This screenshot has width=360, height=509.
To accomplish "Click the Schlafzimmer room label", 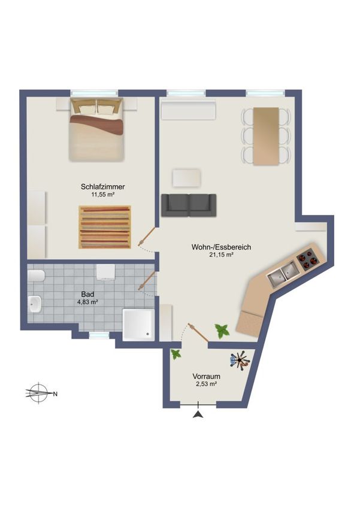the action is [102, 187].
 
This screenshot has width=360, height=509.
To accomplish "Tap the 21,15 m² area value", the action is [222, 255].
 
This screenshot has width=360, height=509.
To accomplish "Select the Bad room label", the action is [87, 295].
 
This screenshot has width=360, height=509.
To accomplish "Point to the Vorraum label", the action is [206, 377].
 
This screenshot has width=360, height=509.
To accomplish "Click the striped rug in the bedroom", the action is [105, 227].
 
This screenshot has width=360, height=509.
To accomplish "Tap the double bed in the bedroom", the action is [96, 129].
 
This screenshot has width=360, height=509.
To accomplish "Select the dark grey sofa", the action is [189, 205].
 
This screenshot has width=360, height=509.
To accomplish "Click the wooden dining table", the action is [266, 137].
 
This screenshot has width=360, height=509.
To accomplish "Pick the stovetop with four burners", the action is [305, 260].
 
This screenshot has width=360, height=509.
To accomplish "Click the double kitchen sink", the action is [282, 275].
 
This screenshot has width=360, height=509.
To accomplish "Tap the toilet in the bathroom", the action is [36, 276].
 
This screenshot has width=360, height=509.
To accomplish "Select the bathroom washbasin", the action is [35, 304].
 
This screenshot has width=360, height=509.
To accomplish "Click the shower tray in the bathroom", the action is [138, 324].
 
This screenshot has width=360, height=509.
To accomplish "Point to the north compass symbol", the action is [39, 393].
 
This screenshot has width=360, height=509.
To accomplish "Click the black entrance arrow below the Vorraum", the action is [198, 414].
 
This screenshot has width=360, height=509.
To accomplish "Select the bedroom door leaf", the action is [147, 236].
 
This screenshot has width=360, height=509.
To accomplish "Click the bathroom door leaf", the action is [147, 281].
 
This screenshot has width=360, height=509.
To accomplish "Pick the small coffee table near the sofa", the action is [186, 178].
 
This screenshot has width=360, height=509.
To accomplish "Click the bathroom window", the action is [99, 335].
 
